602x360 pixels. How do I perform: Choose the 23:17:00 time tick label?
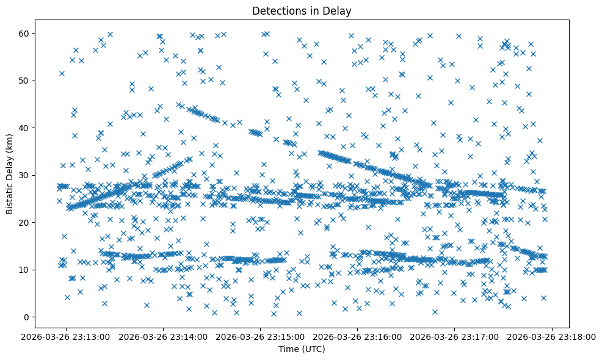pyautogui.click(x=455, y=336)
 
